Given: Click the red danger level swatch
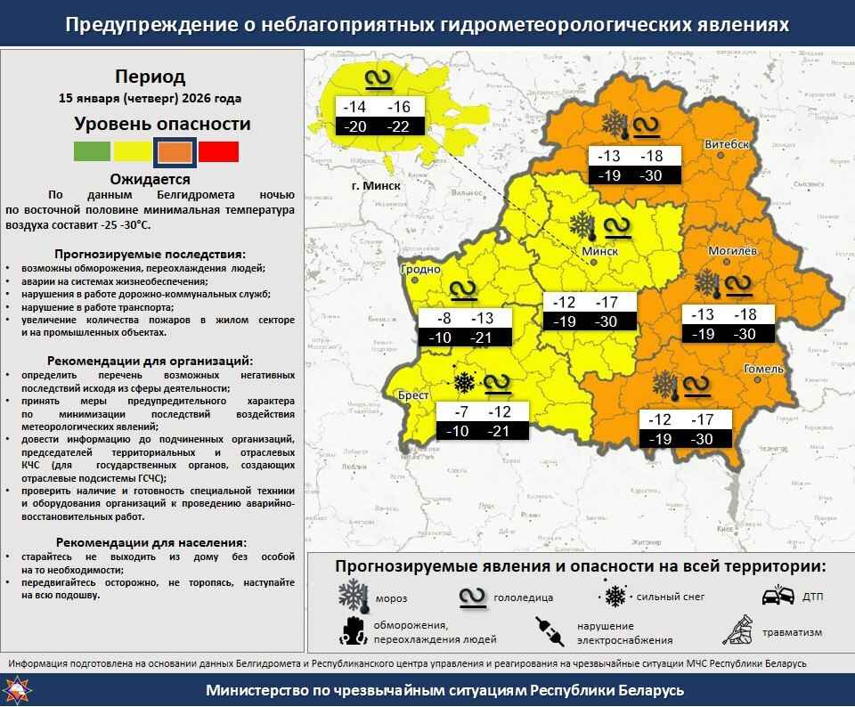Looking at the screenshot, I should pos(218,151).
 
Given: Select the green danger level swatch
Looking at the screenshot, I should pos(92,151).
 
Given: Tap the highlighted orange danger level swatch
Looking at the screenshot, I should pos(175,151).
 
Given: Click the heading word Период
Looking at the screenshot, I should pos(151,77).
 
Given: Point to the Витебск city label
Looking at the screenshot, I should pos(725,144).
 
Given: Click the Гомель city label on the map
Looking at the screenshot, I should pos(764,369).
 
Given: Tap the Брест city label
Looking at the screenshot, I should pos(414,395).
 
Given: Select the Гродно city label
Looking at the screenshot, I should pos(421,269).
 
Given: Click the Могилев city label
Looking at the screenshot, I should pos(732,251).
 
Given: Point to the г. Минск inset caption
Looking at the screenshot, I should pos(376,186).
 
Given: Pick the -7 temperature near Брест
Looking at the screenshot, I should pos(460,412).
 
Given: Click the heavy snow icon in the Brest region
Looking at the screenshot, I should pos(463,383).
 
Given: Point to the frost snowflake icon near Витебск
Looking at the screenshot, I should pos(614,125).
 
